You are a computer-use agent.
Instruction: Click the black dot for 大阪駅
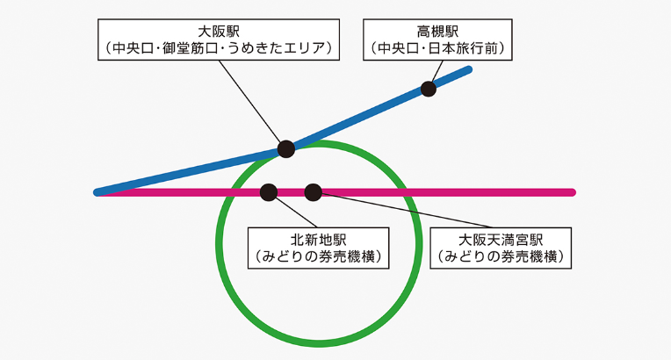285,148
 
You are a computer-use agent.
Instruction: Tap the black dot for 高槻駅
429,88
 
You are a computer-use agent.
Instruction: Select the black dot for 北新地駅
269,191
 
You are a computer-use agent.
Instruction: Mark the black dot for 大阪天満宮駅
314,191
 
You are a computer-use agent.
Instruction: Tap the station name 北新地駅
319,239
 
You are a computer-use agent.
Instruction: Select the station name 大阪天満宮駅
500,239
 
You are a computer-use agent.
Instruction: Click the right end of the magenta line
572,192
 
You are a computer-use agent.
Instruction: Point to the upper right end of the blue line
469,70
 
